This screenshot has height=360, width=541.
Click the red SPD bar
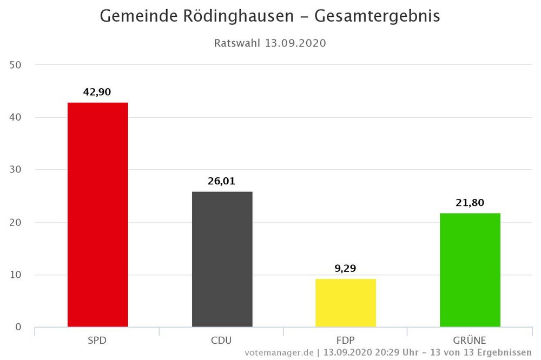point(97,215)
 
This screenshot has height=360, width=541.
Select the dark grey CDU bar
point(222,259)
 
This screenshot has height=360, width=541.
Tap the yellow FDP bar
point(345,303)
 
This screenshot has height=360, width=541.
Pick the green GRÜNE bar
point(470,270)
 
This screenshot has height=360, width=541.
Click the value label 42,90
point(97,92)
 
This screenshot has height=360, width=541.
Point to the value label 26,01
point(222,182)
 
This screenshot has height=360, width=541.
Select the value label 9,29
point(345,269)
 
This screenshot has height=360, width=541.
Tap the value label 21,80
point(470,203)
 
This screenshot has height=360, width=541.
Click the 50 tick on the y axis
point(16,65)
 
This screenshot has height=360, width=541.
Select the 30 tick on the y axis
point(16,170)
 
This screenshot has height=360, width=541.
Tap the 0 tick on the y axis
point(18,327)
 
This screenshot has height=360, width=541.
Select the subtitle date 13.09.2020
point(295,43)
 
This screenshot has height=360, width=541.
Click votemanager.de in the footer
point(279,353)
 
